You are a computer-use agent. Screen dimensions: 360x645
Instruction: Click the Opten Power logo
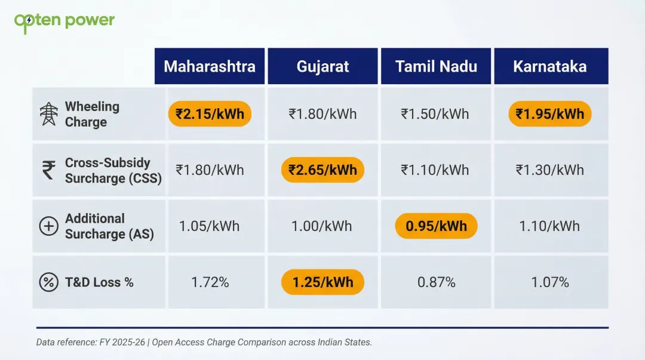[x=64, y=21]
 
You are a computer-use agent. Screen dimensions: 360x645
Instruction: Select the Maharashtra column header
[x=210, y=66]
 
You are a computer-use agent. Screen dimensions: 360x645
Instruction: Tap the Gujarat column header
[x=322, y=66]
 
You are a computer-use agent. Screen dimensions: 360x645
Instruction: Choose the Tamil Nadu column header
[x=436, y=66]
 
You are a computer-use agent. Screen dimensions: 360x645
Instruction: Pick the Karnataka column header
[x=550, y=66]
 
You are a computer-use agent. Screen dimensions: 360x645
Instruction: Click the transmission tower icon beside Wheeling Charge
[x=49, y=114]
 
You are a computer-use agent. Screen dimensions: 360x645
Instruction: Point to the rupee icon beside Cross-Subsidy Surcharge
[x=49, y=170]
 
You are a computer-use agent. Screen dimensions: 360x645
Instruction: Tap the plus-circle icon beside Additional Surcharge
[x=48, y=226]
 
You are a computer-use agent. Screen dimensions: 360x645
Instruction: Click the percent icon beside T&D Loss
[x=48, y=282]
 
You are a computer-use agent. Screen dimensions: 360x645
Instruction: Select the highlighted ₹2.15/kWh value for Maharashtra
[x=210, y=113]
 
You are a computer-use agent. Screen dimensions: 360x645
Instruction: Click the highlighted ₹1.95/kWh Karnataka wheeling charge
[x=550, y=113]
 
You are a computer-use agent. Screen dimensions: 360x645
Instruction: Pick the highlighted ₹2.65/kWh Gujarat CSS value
[x=322, y=170]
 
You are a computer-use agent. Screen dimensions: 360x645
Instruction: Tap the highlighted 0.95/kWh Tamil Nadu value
[x=436, y=226]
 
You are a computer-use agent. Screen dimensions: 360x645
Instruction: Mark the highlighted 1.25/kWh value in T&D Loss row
[x=322, y=282]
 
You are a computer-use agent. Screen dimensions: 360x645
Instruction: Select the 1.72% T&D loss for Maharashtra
[x=210, y=282]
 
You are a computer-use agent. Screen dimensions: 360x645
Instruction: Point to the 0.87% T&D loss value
[x=436, y=282]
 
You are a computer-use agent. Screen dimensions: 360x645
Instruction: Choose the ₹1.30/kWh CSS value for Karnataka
[x=550, y=170]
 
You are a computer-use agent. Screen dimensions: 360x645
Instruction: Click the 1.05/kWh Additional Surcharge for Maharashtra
[x=209, y=226]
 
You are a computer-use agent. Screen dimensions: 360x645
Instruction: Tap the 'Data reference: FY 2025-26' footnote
[x=204, y=342]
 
